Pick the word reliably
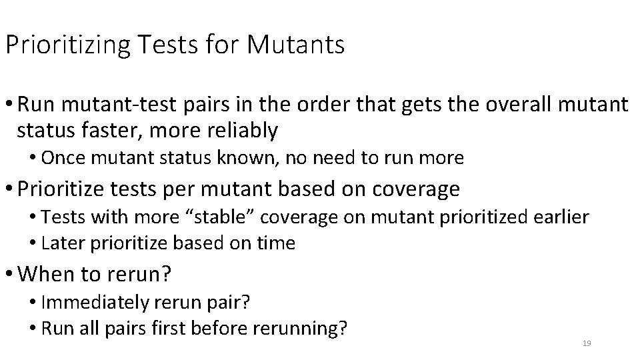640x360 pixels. [x=241, y=131]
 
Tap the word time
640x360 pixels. [x=277, y=243]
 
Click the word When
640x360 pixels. [x=43, y=275]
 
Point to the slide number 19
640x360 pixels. [x=587, y=343]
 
